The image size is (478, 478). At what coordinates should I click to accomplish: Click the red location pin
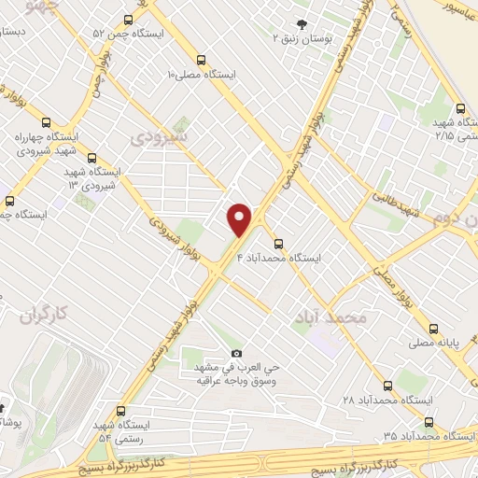tap(240, 218)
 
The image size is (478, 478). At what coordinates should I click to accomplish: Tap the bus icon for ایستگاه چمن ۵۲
tap(128, 19)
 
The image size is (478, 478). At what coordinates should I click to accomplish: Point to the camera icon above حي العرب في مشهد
tap(236, 354)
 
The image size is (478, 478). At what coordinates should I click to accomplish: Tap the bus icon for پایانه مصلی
tap(433, 329)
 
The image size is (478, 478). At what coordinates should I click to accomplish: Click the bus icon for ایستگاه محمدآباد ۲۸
tap(388, 385)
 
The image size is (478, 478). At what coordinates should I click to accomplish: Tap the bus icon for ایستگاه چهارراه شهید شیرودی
tap(47, 120)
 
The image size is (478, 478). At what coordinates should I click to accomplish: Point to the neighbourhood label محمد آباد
tap(337, 317)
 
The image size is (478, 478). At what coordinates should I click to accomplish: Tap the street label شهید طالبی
tap(398, 207)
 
